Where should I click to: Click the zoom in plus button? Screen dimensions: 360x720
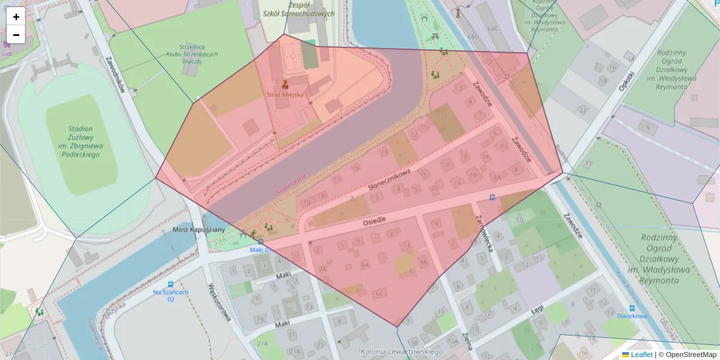pos(16,17)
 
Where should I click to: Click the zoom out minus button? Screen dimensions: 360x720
pos(16,35)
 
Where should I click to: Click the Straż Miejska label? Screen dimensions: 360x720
pos(285,95)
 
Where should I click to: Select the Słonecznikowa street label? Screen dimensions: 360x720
pos(389,180)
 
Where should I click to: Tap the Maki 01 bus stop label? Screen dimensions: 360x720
pos(261,250)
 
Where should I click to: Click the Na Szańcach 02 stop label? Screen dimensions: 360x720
pos(171,295)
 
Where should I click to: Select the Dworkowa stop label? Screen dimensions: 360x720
pos(632,316)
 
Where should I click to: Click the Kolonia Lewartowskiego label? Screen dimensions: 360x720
pos(401,352)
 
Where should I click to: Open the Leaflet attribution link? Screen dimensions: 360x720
pos(640,355)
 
